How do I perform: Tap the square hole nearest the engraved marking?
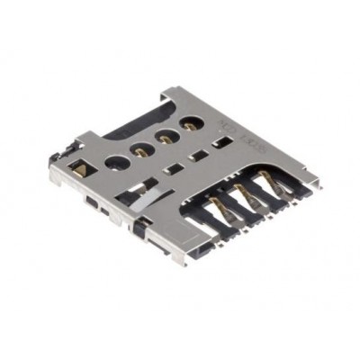pos(220,141)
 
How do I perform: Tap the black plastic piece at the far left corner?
pos(56,160)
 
